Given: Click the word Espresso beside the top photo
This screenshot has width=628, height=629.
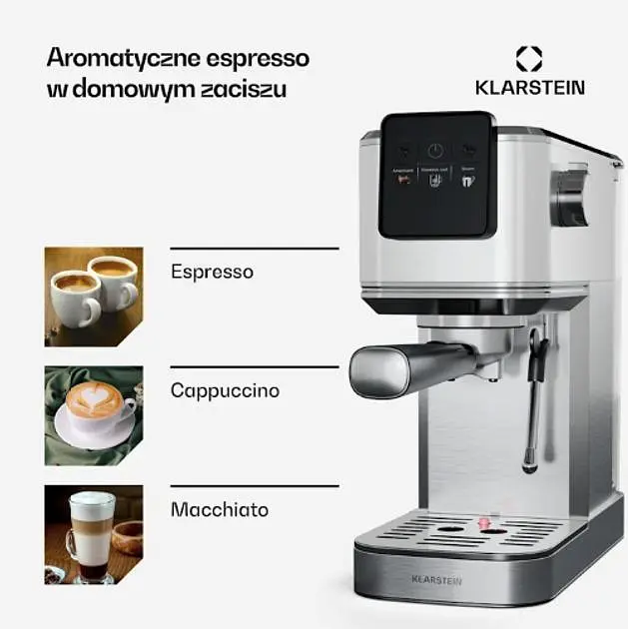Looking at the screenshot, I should point(212,272).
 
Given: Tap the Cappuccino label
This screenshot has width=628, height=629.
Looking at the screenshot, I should point(225,390).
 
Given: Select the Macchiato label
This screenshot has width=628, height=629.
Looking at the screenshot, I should point(220,509).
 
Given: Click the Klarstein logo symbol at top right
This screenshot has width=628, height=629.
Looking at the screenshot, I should point(528,58).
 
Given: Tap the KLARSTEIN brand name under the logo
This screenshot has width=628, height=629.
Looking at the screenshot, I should point(529,87).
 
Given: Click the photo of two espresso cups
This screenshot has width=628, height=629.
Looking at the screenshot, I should point(93,296).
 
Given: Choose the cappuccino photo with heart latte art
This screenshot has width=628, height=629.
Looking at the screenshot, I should point(93,415).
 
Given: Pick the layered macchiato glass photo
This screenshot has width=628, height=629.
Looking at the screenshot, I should point(93,534).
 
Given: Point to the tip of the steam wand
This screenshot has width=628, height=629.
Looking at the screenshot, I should point(531,465).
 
